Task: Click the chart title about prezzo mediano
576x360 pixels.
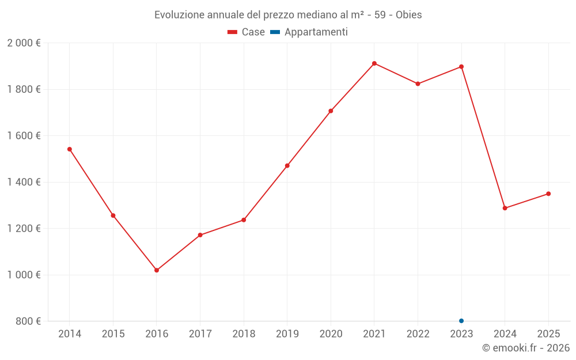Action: click(x=288, y=15)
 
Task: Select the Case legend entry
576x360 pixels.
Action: click(x=246, y=32)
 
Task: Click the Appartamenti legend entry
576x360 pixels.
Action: click(x=309, y=32)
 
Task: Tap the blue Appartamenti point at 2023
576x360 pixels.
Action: click(x=461, y=321)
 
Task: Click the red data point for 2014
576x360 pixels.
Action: click(x=70, y=149)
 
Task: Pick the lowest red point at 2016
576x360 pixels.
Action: click(x=157, y=270)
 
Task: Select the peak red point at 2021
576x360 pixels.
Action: click(x=374, y=63)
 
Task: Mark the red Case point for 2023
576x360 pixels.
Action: click(x=461, y=67)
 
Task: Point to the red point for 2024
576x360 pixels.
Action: click(x=505, y=208)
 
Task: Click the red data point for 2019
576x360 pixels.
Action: click(x=287, y=166)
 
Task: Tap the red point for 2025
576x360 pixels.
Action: click(x=548, y=194)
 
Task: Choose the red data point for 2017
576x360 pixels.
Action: click(x=200, y=235)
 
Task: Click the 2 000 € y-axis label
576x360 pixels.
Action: click(x=24, y=43)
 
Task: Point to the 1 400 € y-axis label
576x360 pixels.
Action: click(x=24, y=182)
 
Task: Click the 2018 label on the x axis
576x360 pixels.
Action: click(x=244, y=334)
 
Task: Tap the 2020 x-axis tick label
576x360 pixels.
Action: click(x=331, y=334)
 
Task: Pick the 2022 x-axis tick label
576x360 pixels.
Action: click(x=418, y=334)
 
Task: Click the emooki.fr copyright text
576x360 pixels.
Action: click(x=525, y=348)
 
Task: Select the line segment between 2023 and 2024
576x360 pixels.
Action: click(x=483, y=138)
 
